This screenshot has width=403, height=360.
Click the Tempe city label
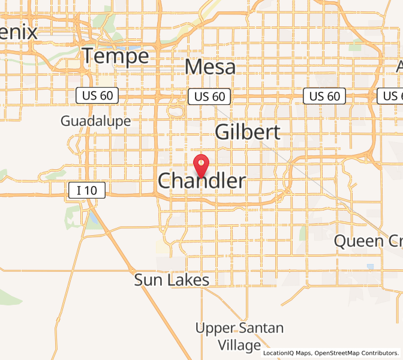115,56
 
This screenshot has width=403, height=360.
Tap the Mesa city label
210,67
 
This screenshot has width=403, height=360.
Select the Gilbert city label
247,131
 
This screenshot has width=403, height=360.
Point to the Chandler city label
201,181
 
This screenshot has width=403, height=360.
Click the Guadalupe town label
95,121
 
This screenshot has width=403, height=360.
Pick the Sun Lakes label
172,280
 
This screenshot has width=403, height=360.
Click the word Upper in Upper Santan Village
213,328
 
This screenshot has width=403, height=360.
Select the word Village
239,345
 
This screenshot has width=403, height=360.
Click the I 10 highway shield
87,191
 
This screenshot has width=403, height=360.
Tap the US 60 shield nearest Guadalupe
97,95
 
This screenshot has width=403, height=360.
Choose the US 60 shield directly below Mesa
209,96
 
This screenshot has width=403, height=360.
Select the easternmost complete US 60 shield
324,96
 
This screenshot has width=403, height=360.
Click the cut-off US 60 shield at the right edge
392,96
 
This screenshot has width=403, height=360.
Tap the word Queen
359,241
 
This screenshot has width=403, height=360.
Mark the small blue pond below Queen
370,267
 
